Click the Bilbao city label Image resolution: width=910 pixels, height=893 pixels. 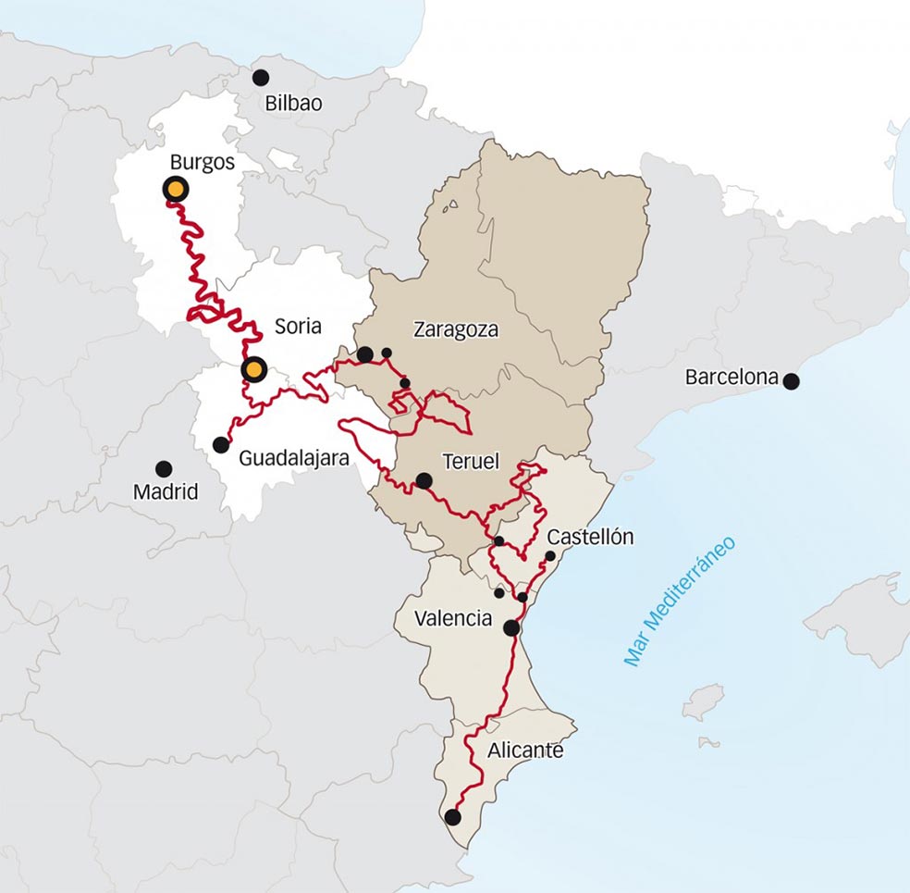click(293, 104)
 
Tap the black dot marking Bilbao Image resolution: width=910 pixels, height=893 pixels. click(261, 78)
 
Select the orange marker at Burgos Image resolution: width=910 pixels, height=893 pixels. click(175, 190)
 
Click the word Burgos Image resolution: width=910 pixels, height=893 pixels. click(203, 163)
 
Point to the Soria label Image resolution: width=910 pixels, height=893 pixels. click(298, 327)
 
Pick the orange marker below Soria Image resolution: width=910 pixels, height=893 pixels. click(253, 370)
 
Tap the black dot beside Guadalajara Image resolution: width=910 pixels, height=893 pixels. click(221, 445)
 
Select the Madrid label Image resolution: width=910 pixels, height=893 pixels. click(166, 492)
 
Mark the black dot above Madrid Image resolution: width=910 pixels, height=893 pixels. click(164, 469)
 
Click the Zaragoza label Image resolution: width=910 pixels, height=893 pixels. click(456, 330)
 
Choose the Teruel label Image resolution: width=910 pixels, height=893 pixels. click(471, 461)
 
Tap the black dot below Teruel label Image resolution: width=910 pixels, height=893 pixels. click(424, 480)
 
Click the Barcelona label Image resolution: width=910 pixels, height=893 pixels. click(732, 378)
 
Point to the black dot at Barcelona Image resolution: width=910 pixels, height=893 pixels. click(791, 380)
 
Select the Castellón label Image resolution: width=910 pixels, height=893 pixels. click(590, 537)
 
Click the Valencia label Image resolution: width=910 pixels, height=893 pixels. click(453, 619)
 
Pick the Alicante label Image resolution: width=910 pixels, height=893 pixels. click(524, 750)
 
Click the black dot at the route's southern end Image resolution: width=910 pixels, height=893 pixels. click(452, 817)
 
